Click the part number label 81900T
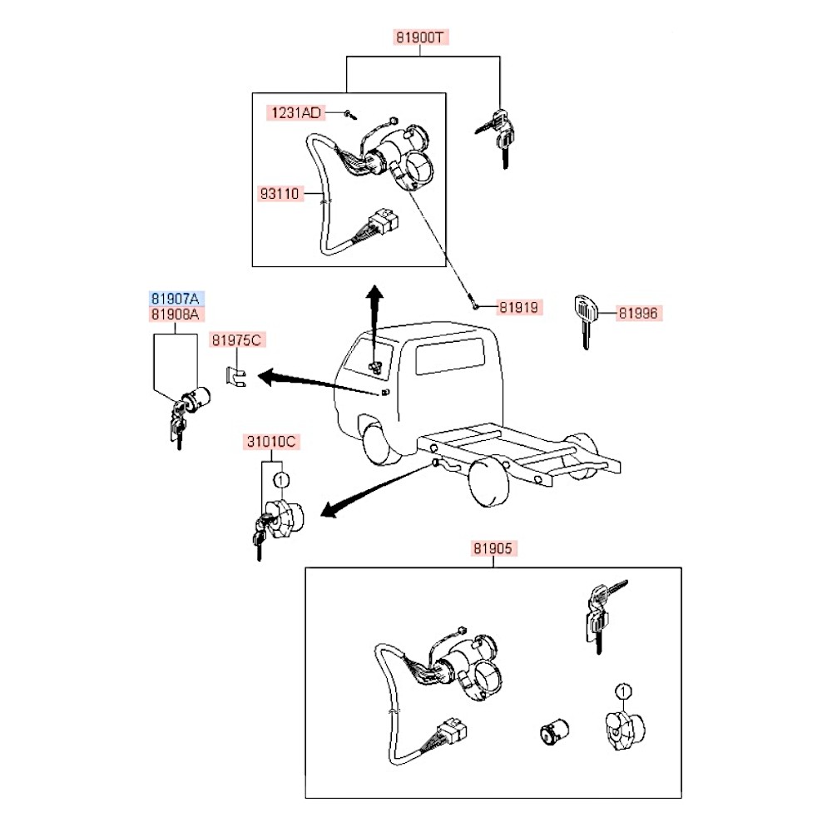click(421, 37)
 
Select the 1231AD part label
click(295, 111)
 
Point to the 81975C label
click(237, 339)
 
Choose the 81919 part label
click(520, 308)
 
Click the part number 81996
click(638, 314)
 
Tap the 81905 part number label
click(494, 549)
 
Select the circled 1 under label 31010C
click(282, 480)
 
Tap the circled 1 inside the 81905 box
click(623, 691)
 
